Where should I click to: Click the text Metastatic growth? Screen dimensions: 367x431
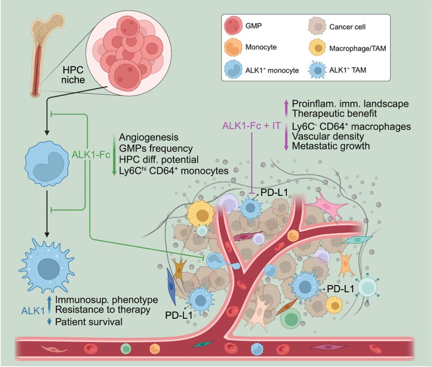(331, 146)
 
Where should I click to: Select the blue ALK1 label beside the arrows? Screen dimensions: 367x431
(33, 310)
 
